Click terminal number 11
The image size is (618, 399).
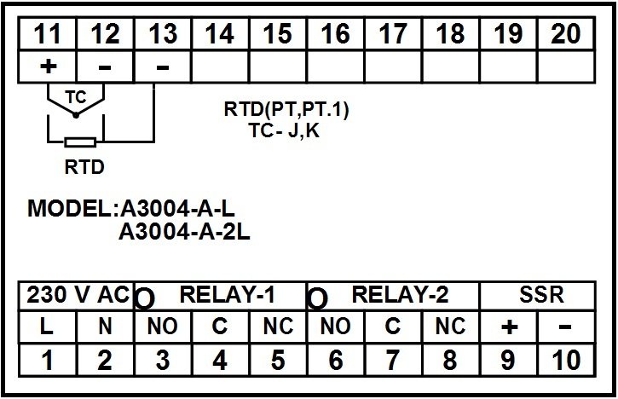(x=47, y=34)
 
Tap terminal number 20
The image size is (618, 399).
(x=566, y=34)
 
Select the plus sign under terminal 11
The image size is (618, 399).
(x=48, y=66)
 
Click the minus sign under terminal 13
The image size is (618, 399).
(x=163, y=67)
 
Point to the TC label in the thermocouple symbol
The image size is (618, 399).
(x=76, y=97)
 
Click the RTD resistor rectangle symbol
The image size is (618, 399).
(x=80, y=142)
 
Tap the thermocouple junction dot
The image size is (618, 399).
(x=76, y=115)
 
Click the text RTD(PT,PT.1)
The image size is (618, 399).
(x=286, y=109)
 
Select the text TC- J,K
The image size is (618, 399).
(x=284, y=130)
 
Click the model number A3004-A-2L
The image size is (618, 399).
(x=184, y=232)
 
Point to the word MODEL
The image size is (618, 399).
(x=70, y=208)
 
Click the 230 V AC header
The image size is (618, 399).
(x=78, y=294)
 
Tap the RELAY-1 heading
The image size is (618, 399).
(x=227, y=294)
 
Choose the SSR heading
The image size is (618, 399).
(x=541, y=294)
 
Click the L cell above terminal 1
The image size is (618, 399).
(x=47, y=327)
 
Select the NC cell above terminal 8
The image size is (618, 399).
(x=450, y=327)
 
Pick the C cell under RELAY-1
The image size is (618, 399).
(x=220, y=327)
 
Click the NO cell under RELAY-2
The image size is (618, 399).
(x=335, y=327)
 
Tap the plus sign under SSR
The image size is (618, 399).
(x=509, y=327)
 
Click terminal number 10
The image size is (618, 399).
(x=566, y=360)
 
